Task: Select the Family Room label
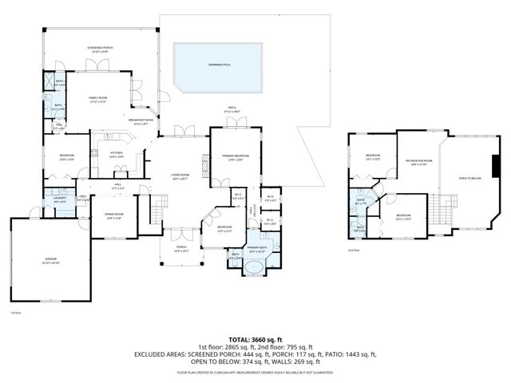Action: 98,99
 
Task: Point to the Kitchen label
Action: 117,155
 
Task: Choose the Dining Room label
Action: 114,216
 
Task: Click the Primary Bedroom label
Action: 232,157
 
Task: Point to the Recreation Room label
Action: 418,163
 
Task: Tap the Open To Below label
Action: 469,178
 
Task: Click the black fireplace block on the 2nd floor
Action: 497,167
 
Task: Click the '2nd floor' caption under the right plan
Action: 353,250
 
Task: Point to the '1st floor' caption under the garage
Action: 15,312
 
